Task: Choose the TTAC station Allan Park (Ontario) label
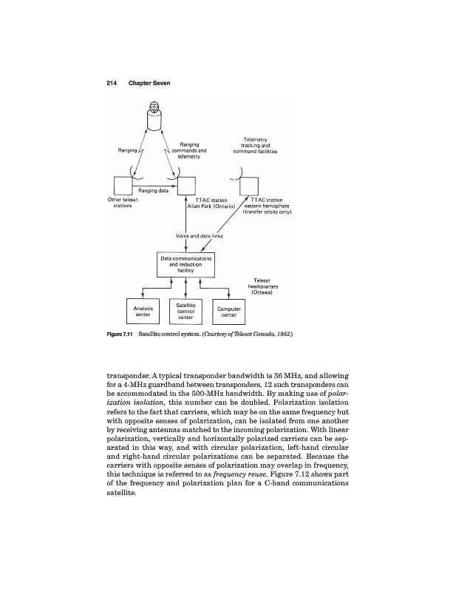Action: point(211,203)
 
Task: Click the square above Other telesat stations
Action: point(123,184)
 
